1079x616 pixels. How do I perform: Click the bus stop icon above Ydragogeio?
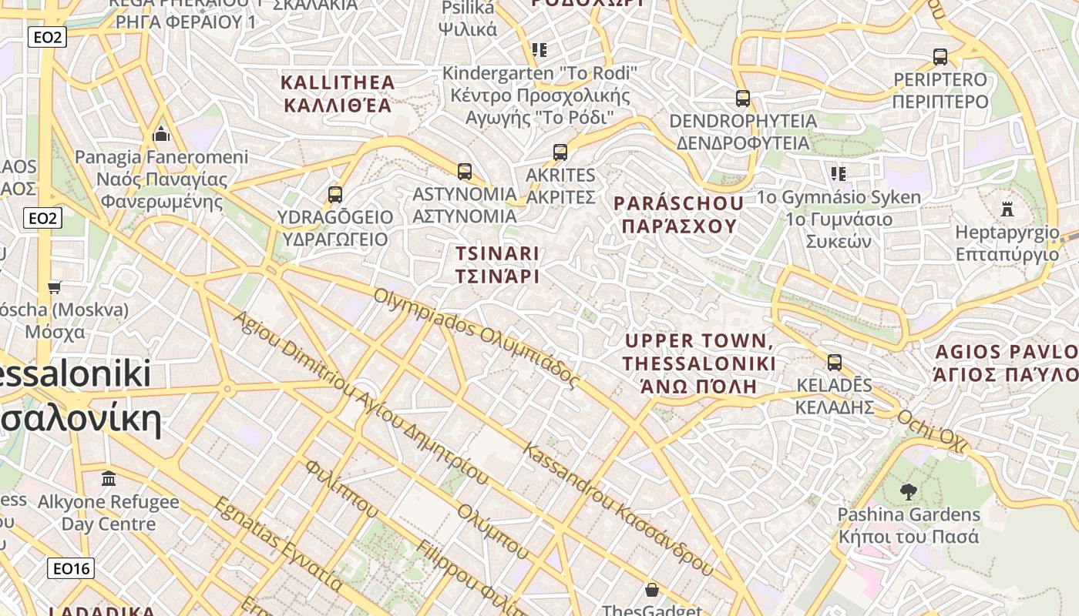(334, 195)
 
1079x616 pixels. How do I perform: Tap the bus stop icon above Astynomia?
(464, 172)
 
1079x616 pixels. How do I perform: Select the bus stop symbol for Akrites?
(560, 152)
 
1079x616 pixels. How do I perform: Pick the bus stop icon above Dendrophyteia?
(743, 99)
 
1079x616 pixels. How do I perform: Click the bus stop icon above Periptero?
(940, 57)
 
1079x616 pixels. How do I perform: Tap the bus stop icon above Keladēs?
(834, 363)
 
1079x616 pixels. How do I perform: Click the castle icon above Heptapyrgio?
(1007, 209)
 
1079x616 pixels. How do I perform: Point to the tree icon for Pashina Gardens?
(909, 491)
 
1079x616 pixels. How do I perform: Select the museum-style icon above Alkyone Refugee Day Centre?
(109, 479)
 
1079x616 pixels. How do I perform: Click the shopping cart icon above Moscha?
(54, 287)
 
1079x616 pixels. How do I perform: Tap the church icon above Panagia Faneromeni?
(161, 134)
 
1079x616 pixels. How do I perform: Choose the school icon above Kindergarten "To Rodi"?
(539, 51)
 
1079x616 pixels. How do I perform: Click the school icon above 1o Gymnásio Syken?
(838, 174)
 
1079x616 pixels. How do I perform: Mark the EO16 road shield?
(70, 569)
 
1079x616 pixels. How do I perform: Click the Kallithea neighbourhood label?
(338, 93)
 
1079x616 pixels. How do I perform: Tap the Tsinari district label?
(497, 264)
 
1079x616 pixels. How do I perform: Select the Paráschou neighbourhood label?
(679, 214)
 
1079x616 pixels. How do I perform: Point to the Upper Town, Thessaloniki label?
(699, 363)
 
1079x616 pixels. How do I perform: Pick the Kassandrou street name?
(617, 509)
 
